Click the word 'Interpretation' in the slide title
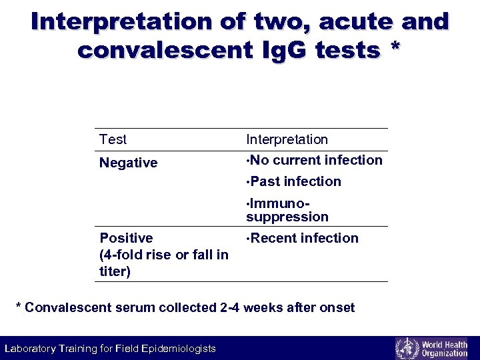click(121, 22)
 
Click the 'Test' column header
click(113, 139)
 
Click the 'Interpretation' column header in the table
click(287, 139)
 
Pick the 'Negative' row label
click(128, 163)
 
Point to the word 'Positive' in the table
click(126, 238)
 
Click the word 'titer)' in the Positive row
click(115, 271)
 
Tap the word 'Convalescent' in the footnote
click(65, 307)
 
